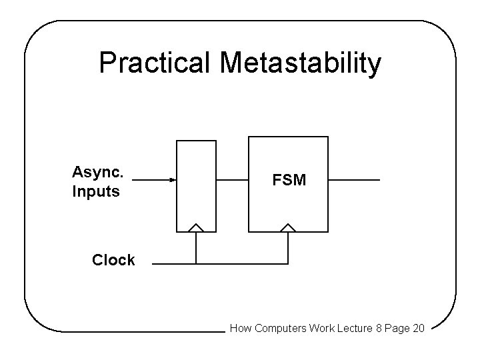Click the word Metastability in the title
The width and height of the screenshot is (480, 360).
[x=301, y=63]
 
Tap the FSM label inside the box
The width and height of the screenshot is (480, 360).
[x=289, y=180]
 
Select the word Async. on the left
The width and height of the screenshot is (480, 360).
[x=97, y=172]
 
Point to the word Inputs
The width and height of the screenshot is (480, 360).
[x=96, y=192]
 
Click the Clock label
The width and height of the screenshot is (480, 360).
[x=113, y=260]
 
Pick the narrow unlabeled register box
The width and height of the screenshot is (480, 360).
[x=196, y=180]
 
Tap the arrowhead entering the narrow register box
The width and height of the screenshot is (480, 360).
[x=172, y=180]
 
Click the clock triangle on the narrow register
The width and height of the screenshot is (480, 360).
[x=196, y=227]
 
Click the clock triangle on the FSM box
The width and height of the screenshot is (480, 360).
[x=288, y=227]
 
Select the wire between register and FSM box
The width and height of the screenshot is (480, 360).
[x=232, y=180]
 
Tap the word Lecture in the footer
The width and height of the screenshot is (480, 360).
[x=343, y=328]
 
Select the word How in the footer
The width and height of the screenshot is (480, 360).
[x=240, y=328]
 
